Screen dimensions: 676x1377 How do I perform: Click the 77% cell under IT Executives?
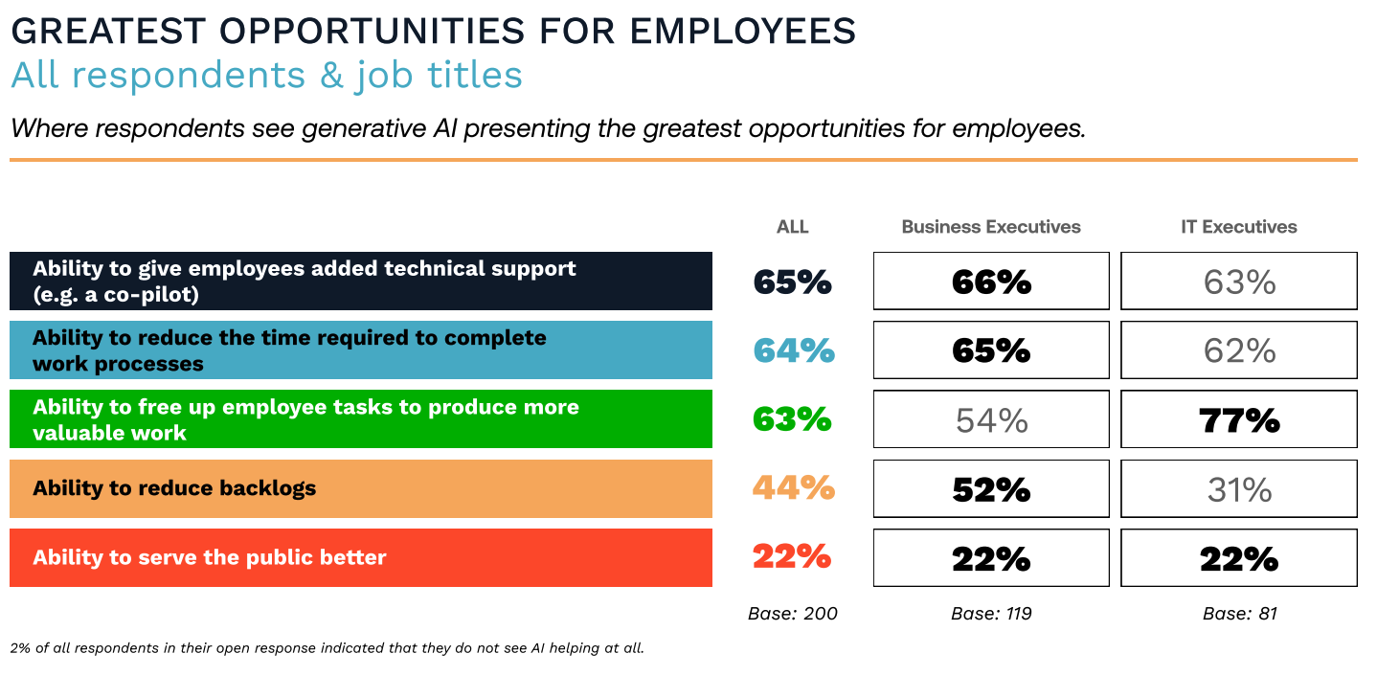(1239, 419)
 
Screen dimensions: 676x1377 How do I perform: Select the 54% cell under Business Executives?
(991, 419)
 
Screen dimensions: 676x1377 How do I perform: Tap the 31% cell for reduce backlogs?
(1239, 489)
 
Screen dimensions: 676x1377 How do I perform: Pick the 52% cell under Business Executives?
(991, 489)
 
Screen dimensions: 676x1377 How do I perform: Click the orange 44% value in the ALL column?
(793, 488)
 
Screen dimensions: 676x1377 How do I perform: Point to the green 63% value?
(793, 419)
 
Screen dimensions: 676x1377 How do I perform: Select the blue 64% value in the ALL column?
(793, 350)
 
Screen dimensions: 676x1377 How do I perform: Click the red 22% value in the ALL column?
(791, 557)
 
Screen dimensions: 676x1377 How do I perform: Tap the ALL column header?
(793, 227)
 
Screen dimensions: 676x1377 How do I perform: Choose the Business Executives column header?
(991, 227)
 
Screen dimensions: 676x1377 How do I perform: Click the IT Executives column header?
(1239, 227)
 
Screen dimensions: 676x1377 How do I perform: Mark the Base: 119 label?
(991, 614)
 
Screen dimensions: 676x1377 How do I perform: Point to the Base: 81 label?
(1239, 614)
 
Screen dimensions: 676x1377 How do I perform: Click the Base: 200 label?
(793, 614)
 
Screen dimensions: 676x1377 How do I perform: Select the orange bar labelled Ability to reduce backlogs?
(361, 488)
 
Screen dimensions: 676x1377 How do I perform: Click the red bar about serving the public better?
(361, 557)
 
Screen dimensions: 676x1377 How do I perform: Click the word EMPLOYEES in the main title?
(742, 31)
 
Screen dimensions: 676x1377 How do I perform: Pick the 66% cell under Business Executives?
(991, 282)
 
